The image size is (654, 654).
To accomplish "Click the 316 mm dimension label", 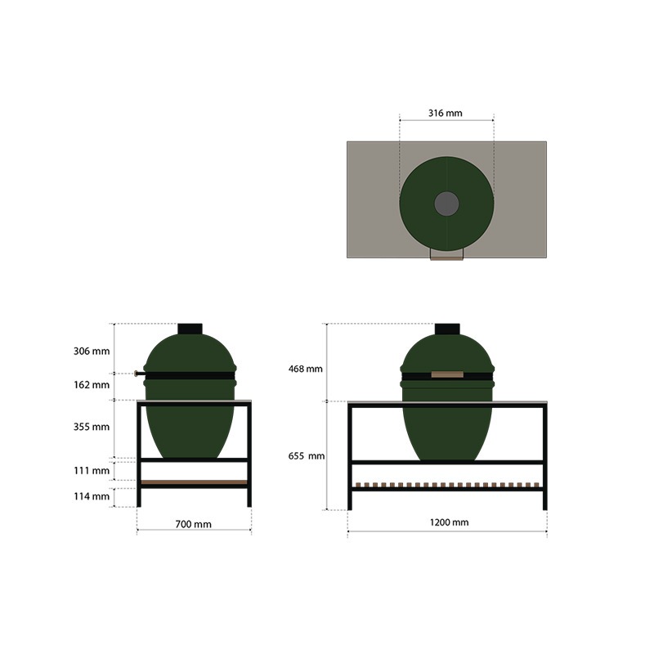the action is pyautogui.click(x=445, y=113).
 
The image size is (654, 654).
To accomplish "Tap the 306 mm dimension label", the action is pyautogui.click(x=92, y=352).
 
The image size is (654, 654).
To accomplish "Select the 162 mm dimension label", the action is pyautogui.click(x=92, y=384).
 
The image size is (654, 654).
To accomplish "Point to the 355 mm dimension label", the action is pyautogui.click(x=92, y=427).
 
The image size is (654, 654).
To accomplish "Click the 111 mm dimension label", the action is pyautogui.click(x=92, y=471).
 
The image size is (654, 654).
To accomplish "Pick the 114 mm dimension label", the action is pyautogui.click(x=92, y=496).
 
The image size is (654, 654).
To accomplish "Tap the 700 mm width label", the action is pyautogui.click(x=193, y=524).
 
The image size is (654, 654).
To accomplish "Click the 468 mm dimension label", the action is pyautogui.click(x=305, y=369).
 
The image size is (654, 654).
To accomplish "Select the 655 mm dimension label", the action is pyautogui.click(x=306, y=456).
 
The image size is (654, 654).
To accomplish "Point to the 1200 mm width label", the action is pyautogui.click(x=449, y=522).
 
